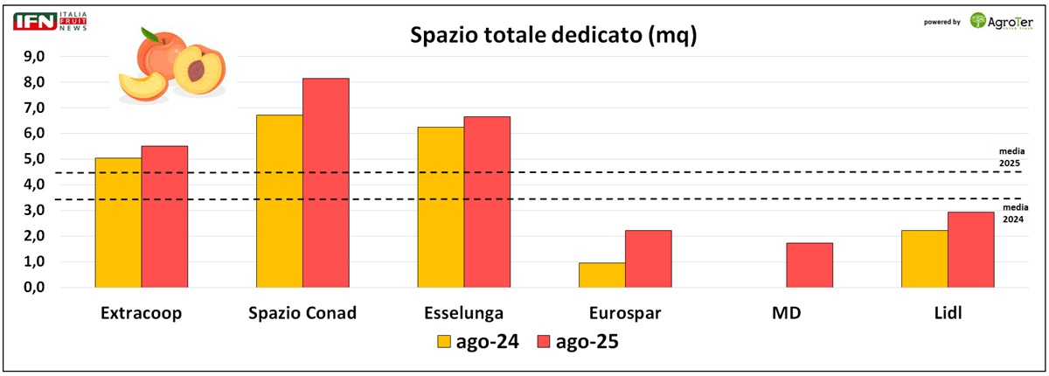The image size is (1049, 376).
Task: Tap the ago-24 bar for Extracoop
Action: (118, 223)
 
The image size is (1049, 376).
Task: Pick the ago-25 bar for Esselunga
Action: (487, 202)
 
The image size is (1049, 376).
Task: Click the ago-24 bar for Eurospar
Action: (602, 275)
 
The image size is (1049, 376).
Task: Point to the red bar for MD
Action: (809, 265)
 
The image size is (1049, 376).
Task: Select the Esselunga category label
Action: (463, 313)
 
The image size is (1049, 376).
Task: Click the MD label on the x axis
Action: (787, 313)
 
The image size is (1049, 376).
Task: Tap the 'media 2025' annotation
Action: (1011, 157)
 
